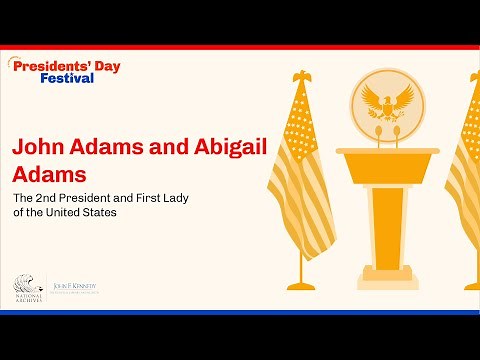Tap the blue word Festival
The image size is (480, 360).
[67, 78]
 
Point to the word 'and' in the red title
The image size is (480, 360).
[153, 146]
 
